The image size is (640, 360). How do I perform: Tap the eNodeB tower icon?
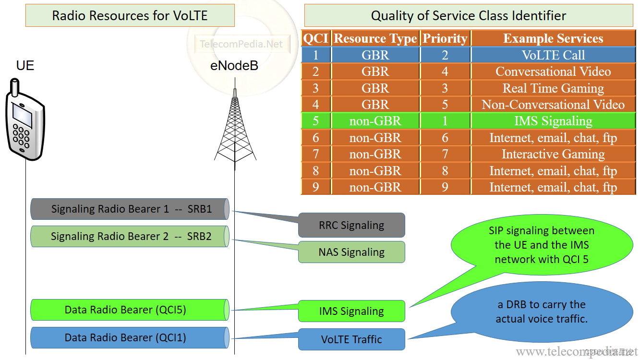(x=235, y=130)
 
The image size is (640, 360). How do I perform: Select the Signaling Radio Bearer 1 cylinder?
(x=130, y=209)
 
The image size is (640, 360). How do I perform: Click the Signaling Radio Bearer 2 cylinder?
(x=130, y=237)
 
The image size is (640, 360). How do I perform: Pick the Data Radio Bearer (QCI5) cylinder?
(x=130, y=310)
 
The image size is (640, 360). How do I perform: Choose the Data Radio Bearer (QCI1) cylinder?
(x=130, y=338)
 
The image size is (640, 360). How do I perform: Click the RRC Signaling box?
(x=351, y=225)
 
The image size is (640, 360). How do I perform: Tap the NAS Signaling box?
(x=351, y=252)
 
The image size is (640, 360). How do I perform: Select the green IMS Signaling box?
(x=351, y=311)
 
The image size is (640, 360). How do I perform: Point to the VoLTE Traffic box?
(x=351, y=339)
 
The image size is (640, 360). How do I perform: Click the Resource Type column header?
(x=375, y=38)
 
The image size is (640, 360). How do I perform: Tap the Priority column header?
(x=445, y=38)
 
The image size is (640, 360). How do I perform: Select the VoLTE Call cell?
(x=553, y=55)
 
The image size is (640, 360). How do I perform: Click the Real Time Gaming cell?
(x=553, y=88)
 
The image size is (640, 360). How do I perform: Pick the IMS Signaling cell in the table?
(x=553, y=121)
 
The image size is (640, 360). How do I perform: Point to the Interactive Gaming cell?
(x=553, y=154)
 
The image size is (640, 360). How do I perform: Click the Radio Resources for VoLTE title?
(x=130, y=15)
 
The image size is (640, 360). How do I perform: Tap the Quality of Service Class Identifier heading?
(x=469, y=15)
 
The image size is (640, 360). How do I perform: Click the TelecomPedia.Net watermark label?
(x=242, y=44)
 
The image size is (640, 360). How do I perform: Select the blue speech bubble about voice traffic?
(x=542, y=312)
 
